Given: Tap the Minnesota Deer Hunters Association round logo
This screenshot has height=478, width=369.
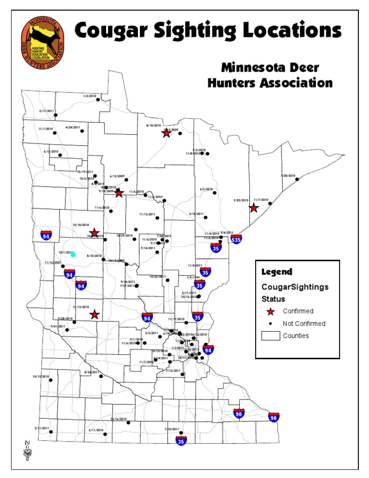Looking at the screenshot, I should point(43,42).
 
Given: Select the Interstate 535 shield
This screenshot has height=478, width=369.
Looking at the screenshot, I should point(236,239).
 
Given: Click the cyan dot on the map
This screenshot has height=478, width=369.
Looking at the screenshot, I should point(73,254).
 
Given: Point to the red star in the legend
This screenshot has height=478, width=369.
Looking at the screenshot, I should point(270,311).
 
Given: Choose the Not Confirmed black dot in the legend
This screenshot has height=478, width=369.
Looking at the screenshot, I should point(270,324).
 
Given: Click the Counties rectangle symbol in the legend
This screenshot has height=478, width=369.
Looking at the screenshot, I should point(270,336).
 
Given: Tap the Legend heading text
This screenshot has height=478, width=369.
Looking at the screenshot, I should point(276,272).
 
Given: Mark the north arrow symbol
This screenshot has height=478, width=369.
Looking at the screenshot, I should point(27,449).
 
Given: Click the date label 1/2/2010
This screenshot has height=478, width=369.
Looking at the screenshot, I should point(90,96).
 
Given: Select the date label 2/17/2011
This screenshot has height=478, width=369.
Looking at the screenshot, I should point(47,111).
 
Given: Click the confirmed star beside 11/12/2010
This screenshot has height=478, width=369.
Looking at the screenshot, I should point(95,314).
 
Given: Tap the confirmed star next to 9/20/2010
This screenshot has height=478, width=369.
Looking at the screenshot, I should point(254,208).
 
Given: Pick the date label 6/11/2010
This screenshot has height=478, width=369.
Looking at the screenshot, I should point(96,429).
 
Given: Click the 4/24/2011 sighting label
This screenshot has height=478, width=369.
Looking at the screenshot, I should point(73,128).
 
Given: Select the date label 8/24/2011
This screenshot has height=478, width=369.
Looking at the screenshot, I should point(91,372).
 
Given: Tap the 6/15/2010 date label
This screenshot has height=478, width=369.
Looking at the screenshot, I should point(50,151).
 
